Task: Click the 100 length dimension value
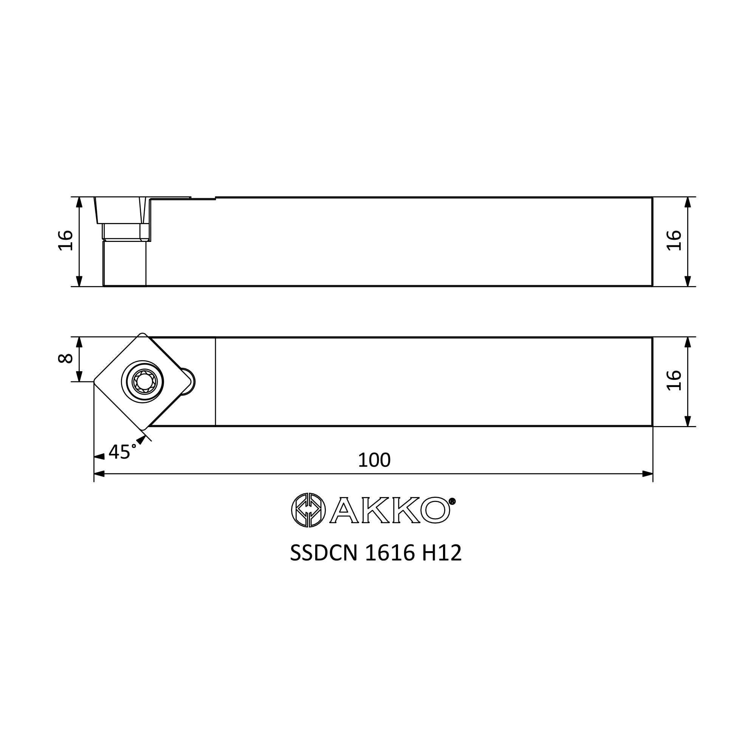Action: click(374, 460)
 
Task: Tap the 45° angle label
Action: click(122, 452)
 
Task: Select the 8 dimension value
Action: click(65, 358)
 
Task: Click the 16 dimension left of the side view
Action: click(65, 240)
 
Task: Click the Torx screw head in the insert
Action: click(143, 381)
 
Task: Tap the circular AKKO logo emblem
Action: click(308, 510)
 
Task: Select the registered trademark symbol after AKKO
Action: click(452, 501)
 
